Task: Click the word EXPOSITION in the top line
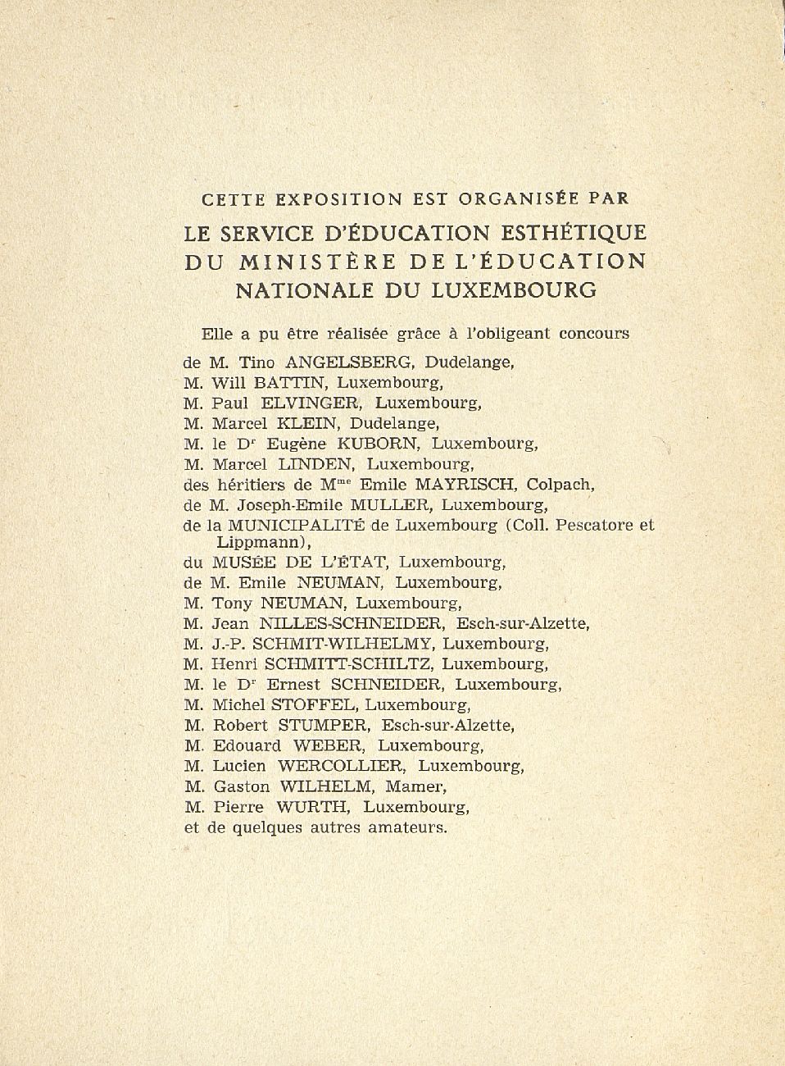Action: (338, 198)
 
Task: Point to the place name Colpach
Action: (560, 485)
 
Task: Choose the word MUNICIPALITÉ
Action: (297, 525)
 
